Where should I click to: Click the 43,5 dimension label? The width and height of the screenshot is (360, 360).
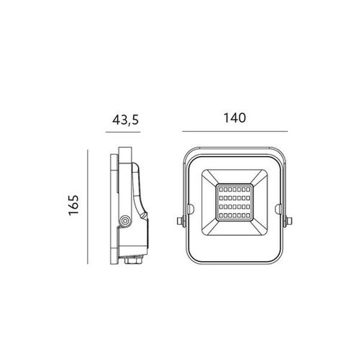(x=125, y=119)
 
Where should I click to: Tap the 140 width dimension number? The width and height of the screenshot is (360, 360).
(x=235, y=118)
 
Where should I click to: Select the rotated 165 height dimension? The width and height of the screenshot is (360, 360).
(x=74, y=205)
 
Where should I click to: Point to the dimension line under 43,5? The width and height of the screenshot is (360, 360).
(x=123, y=132)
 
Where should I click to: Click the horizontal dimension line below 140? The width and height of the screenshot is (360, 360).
(x=235, y=131)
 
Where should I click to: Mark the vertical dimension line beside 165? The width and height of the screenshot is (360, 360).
(x=88, y=207)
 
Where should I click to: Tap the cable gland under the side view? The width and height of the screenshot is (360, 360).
(x=133, y=260)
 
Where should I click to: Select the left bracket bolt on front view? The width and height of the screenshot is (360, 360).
(x=181, y=221)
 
